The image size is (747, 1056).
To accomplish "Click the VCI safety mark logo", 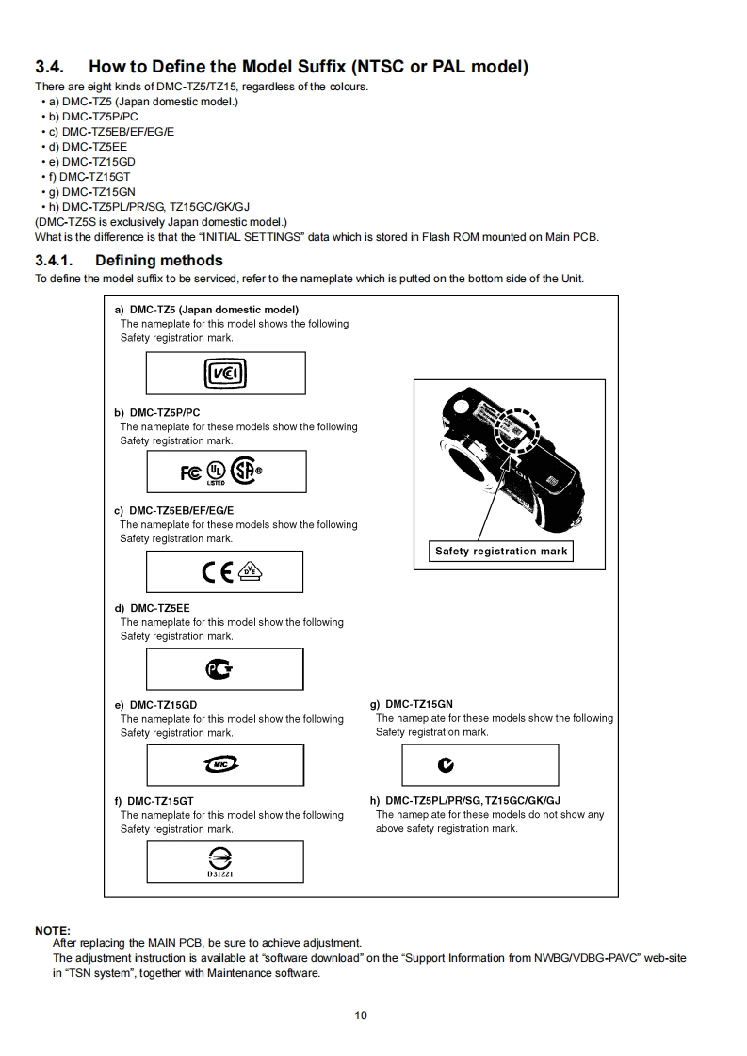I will [x=225, y=375].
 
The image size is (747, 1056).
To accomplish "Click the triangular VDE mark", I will [x=251, y=570].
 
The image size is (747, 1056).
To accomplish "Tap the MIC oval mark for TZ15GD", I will [x=224, y=765].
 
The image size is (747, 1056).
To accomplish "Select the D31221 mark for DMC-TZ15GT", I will [x=225, y=860].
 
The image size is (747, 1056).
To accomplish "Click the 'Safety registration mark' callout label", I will [x=501, y=552].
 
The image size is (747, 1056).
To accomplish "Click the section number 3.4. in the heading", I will [x=49, y=67].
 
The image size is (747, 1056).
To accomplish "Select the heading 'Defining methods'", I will [x=158, y=261].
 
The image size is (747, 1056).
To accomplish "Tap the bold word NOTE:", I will [x=53, y=931].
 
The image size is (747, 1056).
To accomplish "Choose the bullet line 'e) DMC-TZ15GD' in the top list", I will [x=92, y=162].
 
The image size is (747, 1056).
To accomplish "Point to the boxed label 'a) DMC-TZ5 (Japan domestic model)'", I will [x=206, y=310].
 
